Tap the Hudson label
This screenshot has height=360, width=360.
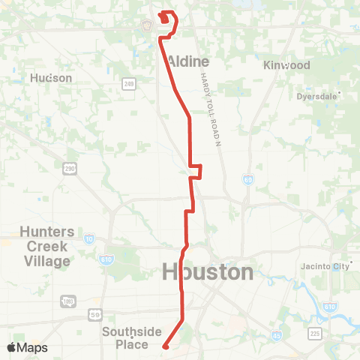[x=51, y=78]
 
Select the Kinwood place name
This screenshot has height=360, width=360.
[x=286, y=65]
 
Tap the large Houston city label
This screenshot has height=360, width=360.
[x=208, y=271]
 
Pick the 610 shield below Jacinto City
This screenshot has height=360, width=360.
[x=330, y=307]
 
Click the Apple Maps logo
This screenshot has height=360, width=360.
[x=27, y=348]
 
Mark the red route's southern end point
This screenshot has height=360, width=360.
[x=164, y=346]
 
